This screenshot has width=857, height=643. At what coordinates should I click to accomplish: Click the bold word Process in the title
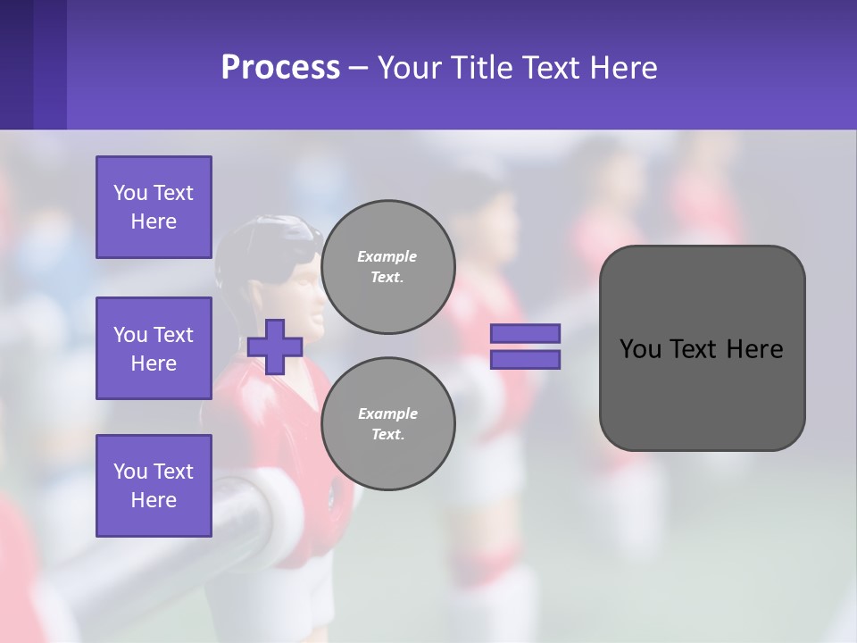click(280, 68)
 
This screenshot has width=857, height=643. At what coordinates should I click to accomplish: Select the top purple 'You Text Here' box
click(154, 207)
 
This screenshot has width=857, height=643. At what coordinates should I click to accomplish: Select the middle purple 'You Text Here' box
click(154, 348)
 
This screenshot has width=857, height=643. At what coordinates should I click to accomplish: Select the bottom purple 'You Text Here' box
click(154, 485)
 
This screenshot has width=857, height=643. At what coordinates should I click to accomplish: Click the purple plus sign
click(275, 347)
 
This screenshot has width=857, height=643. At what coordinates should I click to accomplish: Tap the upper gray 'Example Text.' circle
click(387, 267)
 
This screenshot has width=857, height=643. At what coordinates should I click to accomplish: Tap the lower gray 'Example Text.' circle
click(387, 424)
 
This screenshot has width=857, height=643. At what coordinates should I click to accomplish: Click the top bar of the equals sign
click(526, 334)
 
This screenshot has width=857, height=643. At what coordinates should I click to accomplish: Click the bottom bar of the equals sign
click(526, 360)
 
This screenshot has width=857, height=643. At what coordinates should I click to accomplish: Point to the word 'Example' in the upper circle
click(387, 256)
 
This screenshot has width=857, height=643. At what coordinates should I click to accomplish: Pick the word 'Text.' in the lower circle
click(387, 435)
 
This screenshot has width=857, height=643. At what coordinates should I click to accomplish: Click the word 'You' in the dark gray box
click(639, 349)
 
